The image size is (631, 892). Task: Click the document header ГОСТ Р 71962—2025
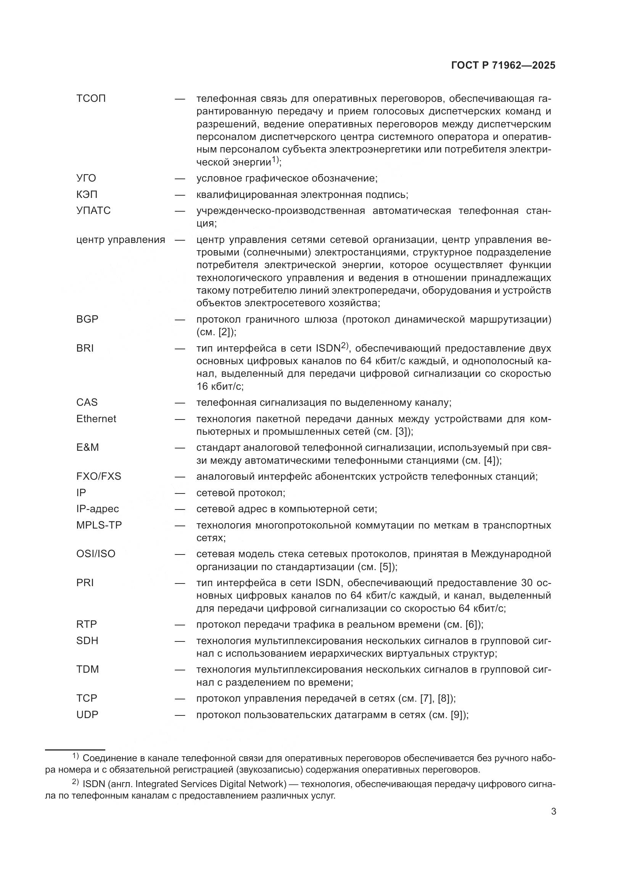tap(503, 66)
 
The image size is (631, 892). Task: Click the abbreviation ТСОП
tap(91, 99)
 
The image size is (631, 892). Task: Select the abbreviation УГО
tap(86, 178)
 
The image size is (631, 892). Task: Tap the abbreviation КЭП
tap(87, 194)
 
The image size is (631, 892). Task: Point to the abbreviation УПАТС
tap(93, 211)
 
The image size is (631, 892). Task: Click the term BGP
tap(87, 319)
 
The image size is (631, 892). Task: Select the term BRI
tap(85, 349)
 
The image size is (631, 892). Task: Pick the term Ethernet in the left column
tap(96, 419)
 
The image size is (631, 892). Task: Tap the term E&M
tap(87, 448)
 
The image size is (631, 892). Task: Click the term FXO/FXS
tap(99, 476)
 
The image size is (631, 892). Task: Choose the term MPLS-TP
tap(99, 525)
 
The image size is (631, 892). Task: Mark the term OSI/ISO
tap(96, 554)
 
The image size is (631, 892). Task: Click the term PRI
tap(85, 583)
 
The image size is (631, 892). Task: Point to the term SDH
tap(87, 641)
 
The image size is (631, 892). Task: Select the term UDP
tap(87, 715)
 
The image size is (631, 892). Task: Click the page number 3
tap(553, 812)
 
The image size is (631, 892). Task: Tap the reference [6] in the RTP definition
tap(472, 625)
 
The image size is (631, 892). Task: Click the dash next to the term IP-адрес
tap(180, 509)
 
